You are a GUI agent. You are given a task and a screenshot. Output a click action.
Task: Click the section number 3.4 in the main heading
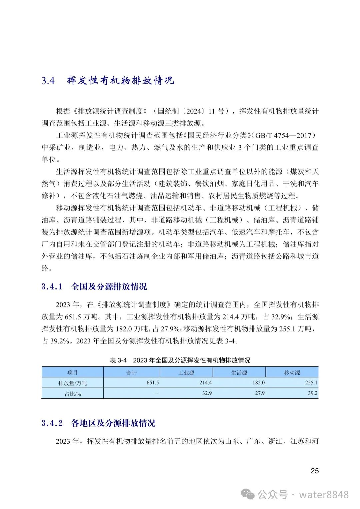(48, 81)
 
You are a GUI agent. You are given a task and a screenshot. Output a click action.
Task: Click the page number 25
(314, 471)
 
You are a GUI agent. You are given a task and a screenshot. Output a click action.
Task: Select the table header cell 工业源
(186, 372)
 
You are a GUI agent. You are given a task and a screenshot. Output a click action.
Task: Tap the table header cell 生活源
(239, 372)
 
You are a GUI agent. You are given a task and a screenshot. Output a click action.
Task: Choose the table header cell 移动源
(292, 372)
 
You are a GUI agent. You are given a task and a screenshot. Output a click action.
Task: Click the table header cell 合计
(132, 372)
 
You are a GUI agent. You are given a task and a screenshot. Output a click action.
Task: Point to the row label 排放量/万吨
(72, 383)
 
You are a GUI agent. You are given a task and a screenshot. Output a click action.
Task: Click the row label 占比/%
(73, 394)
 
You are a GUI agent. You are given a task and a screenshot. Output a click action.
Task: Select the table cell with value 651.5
(153, 383)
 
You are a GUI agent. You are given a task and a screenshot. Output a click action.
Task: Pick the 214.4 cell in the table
(205, 383)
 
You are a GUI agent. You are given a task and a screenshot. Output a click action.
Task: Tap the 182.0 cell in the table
(258, 383)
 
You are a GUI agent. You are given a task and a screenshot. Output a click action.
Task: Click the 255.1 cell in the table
(311, 383)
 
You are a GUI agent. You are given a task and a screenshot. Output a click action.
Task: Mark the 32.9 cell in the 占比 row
(207, 393)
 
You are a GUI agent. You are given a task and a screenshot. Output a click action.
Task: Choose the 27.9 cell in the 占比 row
(260, 393)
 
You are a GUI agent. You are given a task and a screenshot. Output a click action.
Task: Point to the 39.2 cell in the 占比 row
(313, 393)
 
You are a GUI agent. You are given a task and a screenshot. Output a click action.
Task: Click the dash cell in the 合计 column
(156, 393)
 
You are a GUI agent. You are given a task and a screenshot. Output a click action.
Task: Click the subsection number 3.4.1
(52, 286)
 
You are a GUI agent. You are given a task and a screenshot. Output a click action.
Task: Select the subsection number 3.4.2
(52, 423)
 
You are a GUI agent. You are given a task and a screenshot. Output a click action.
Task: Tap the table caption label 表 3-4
(118, 360)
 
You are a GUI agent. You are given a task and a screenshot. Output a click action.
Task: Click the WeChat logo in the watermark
(248, 494)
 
